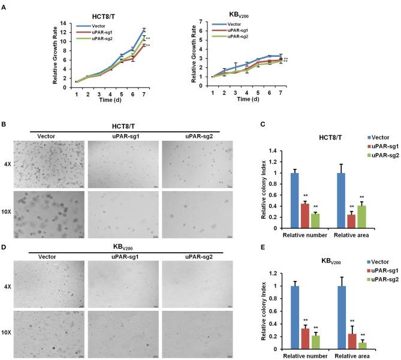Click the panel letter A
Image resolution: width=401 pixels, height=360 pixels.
click(5, 5)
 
